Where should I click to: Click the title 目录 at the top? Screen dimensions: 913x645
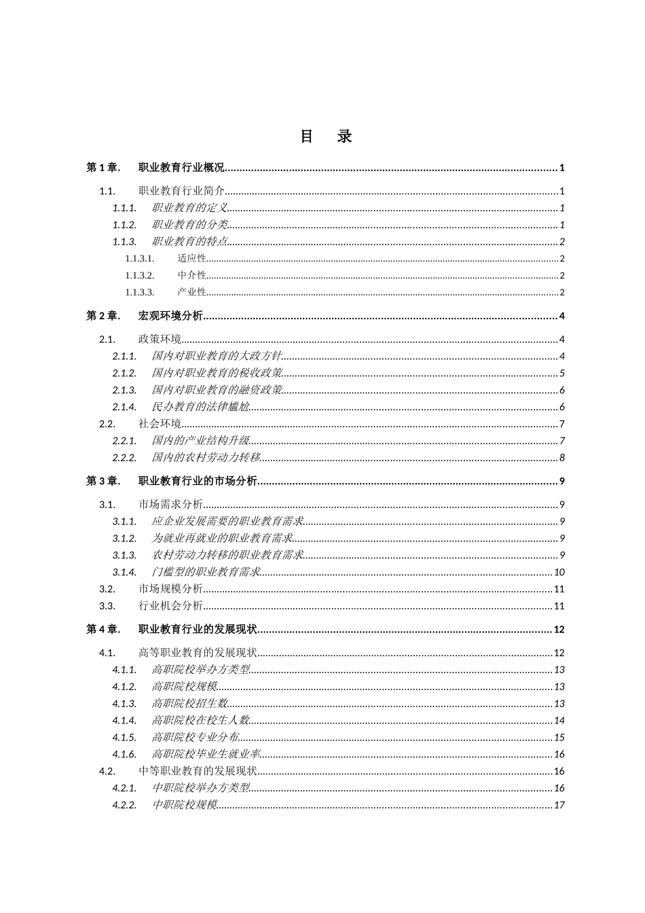(326, 137)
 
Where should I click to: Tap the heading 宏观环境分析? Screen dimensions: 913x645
(171, 316)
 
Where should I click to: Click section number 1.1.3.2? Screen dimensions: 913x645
(139, 276)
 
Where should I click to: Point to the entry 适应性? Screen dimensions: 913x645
(191, 259)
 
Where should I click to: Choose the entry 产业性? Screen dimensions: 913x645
(191, 293)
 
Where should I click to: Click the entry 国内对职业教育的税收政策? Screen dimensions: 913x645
(217, 374)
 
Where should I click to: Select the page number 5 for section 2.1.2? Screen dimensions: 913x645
(562, 374)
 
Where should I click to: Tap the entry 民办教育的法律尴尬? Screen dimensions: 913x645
(200, 408)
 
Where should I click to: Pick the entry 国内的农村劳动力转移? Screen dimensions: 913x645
(206, 458)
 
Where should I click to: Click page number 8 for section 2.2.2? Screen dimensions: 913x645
(562, 458)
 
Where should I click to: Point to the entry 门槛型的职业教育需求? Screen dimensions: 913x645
(206, 573)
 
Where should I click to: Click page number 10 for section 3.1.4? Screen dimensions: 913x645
(559, 573)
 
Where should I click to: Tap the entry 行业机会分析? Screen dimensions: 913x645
(170, 606)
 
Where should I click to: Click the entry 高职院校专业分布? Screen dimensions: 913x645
(195, 738)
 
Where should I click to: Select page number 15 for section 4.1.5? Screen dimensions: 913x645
(559, 738)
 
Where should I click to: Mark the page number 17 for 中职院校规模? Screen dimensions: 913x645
(559, 806)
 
